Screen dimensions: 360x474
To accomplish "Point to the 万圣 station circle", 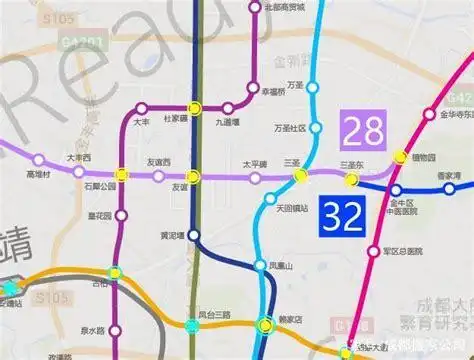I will coord(313,88).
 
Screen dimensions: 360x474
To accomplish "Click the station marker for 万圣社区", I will coord(313,129).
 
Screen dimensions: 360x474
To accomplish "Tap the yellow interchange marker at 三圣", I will coord(299,177).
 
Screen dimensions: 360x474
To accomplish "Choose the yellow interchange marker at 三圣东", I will coord(352,179).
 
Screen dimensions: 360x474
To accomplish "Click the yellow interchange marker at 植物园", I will coord(402,156).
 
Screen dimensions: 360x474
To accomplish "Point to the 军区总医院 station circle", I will coord(374,251).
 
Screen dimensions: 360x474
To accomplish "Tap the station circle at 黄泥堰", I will coord(194,237).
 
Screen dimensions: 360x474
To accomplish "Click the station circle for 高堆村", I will coord(39,160).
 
